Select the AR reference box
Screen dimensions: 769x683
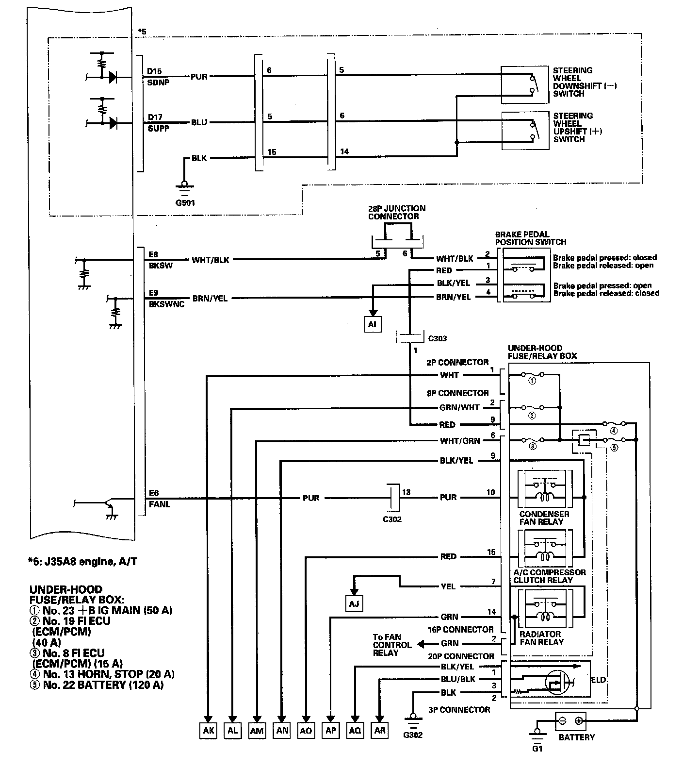[x=380, y=730]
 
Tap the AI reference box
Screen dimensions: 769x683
[x=372, y=324]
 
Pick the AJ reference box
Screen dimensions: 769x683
[x=354, y=603]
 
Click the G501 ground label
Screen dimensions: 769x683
[x=185, y=202]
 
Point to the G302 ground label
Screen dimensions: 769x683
[x=413, y=735]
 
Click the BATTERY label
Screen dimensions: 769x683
[x=576, y=737]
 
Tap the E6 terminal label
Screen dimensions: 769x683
[x=154, y=494]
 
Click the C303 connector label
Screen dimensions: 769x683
[x=437, y=338]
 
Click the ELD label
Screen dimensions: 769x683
[x=599, y=680]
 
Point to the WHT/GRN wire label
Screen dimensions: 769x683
[x=459, y=441]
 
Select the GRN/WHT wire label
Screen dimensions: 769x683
[x=459, y=407]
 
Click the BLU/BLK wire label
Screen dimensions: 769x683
[x=457, y=679]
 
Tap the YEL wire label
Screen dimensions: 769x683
[x=448, y=586]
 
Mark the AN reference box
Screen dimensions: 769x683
[x=281, y=730]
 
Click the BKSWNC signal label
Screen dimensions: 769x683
[x=166, y=304]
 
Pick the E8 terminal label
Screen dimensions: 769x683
[x=154, y=254]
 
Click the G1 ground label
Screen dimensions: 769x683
[x=537, y=748]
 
